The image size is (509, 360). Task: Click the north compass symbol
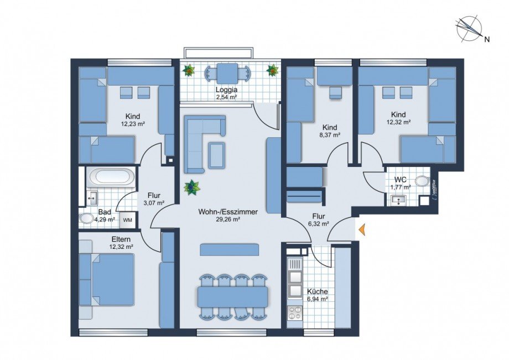point(469,29)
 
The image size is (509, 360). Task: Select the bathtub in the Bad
point(112,178)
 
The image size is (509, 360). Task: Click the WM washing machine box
point(127,220)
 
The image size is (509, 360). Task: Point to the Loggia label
point(226,89)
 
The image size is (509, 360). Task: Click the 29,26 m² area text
point(228,220)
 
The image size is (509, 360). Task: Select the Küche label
point(316,291)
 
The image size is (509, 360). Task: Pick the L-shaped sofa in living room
point(199,133)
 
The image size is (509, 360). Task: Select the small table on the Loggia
point(227,72)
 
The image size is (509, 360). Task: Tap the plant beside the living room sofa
point(192,187)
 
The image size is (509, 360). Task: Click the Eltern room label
point(121,239)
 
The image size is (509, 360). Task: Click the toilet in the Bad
point(87,218)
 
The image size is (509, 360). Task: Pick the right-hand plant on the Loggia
point(272,70)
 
